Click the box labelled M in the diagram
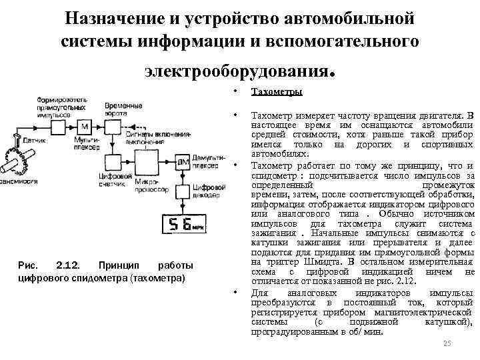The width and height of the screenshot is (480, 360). click(x=85, y=127)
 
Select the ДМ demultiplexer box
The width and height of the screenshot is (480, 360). click(x=181, y=162)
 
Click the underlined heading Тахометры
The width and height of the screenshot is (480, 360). click(x=277, y=91)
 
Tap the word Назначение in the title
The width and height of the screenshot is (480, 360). click(x=117, y=15)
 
